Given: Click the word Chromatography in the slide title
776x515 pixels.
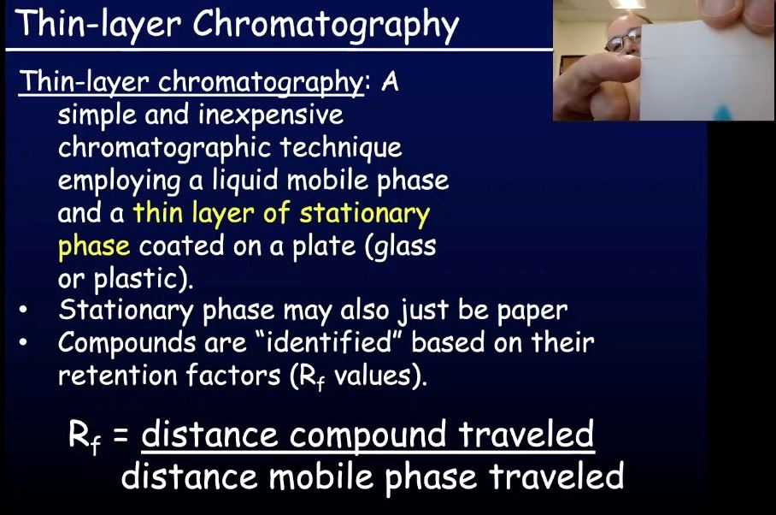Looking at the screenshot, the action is (x=326, y=24).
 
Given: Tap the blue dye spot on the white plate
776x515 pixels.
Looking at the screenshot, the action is (x=722, y=113).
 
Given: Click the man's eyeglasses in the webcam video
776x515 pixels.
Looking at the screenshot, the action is (x=622, y=41).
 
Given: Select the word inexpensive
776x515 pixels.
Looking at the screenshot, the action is (x=271, y=115).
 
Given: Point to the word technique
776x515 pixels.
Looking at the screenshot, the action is (x=340, y=147).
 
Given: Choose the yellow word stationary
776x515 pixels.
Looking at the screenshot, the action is (x=365, y=214).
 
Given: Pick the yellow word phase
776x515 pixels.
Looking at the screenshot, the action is (x=94, y=247).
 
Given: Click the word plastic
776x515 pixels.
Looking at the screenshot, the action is (x=135, y=279).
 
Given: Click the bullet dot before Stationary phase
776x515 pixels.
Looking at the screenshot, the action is (x=23, y=310).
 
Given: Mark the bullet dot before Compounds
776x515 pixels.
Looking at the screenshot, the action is (x=23, y=342).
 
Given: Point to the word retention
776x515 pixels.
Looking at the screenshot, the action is (x=118, y=375).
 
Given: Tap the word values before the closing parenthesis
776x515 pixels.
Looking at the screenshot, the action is (x=373, y=376).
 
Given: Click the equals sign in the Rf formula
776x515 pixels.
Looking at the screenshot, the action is (x=121, y=435).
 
